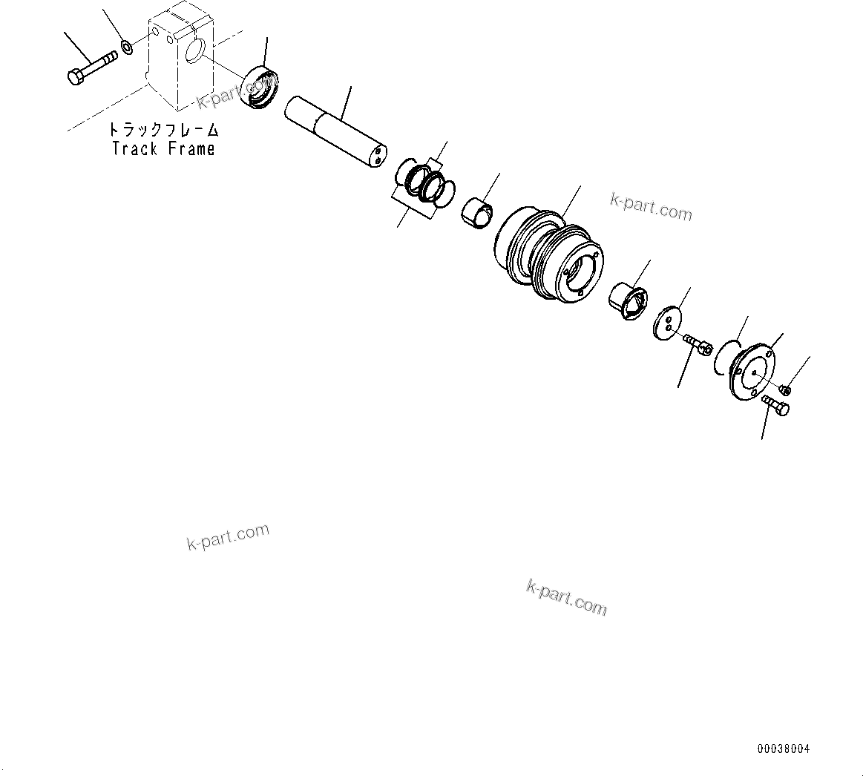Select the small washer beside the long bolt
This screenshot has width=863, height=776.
[x=127, y=48]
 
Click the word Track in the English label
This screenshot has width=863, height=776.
[x=134, y=148]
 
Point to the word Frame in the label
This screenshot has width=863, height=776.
[x=191, y=148]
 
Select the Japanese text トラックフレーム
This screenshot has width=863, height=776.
[x=164, y=130]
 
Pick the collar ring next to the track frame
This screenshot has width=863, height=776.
[x=260, y=88]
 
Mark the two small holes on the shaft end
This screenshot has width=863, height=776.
[x=378, y=156]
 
